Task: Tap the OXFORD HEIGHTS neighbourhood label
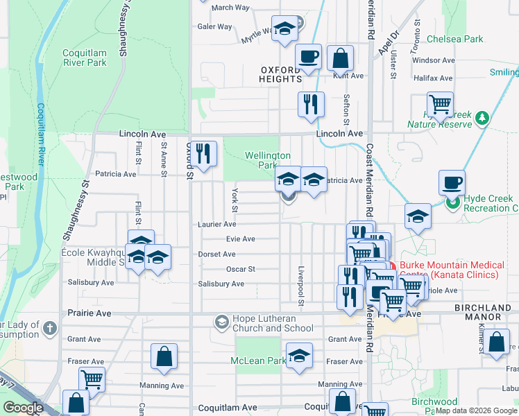(x=291, y=74)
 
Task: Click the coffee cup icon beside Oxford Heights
(x=308, y=57)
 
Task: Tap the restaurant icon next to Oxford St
(x=203, y=153)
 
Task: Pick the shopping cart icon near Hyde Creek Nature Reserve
(x=440, y=104)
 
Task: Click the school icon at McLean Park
(x=299, y=355)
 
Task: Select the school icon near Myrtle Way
(x=284, y=28)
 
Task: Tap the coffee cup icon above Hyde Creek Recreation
(x=452, y=182)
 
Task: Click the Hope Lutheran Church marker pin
(x=221, y=321)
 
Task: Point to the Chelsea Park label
(x=454, y=40)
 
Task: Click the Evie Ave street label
(x=241, y=239)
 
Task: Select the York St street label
(x=235, y=200)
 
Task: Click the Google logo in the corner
(x=23, y=408)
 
